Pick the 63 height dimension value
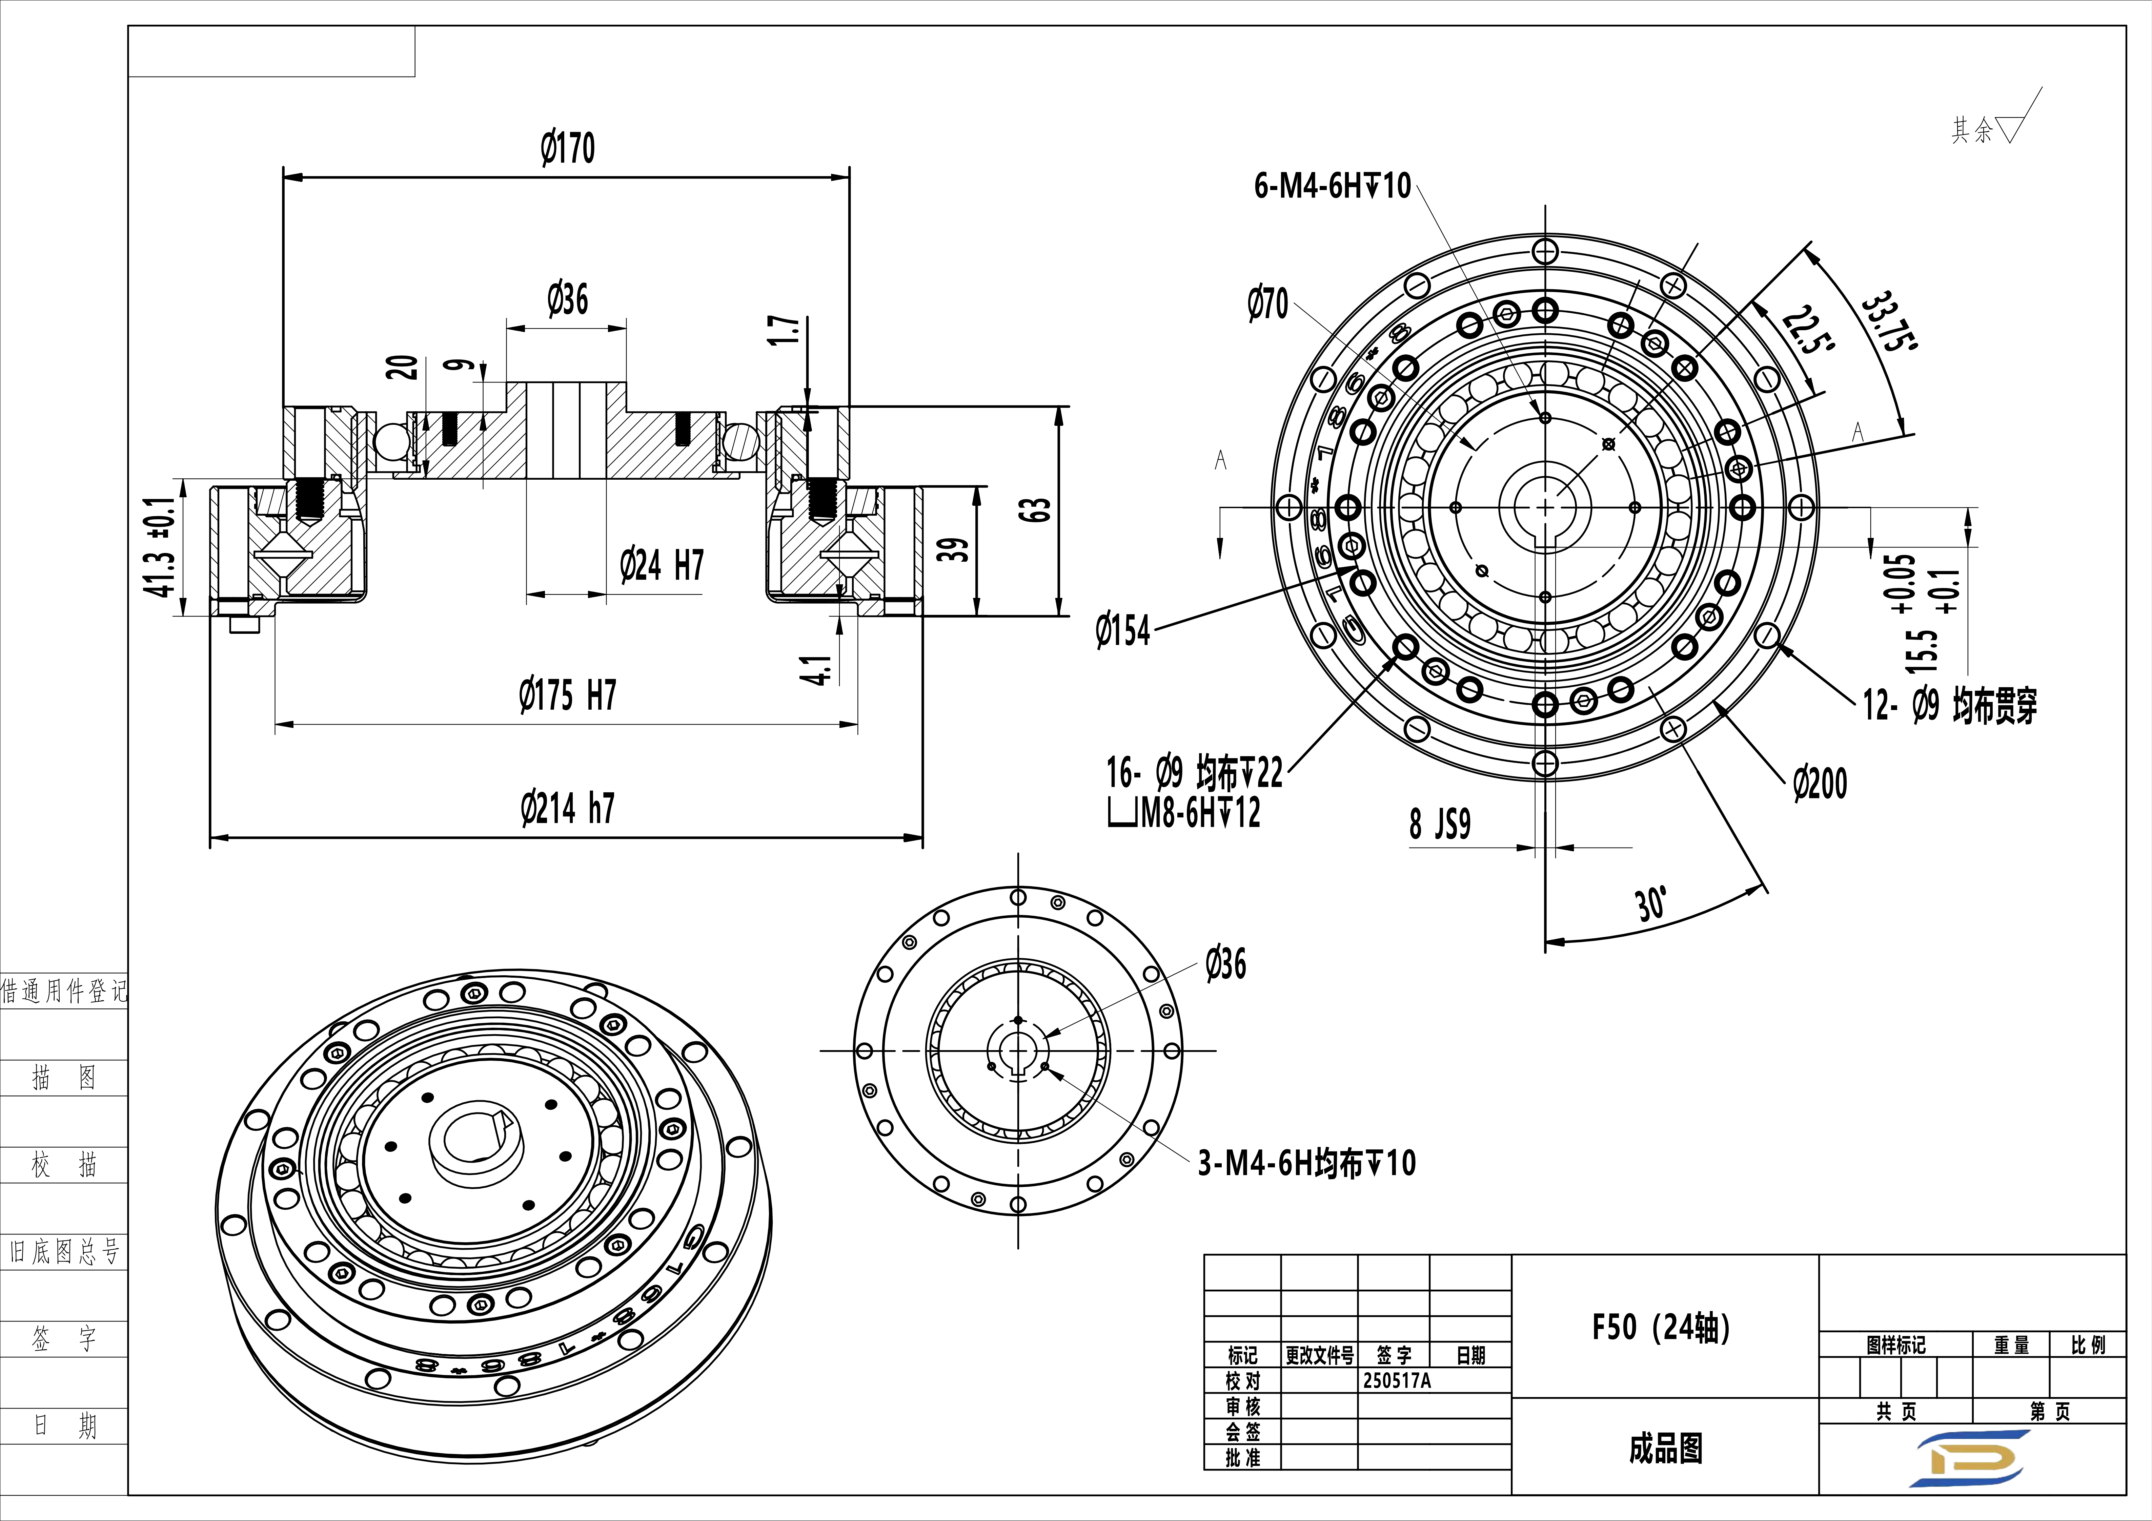point(1034,511)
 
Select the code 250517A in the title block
point(1397,1380)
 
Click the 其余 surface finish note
point(1972,130)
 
